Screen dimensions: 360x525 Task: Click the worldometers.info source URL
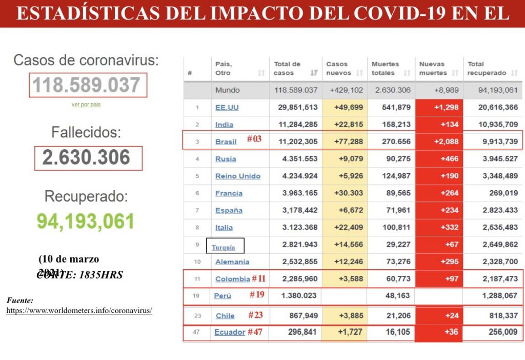point(79,311)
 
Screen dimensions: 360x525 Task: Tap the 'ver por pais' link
point(86,105)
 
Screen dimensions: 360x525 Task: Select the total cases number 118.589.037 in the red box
point(87,85)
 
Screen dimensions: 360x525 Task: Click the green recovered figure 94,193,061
point(86,221)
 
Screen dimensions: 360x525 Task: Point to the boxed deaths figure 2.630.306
point(86,158)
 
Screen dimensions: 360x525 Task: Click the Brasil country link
point(226,142)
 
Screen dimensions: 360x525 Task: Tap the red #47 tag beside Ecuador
point(255,332)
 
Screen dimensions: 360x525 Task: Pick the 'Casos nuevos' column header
point(338,68)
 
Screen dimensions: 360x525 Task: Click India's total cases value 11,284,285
point(296,125)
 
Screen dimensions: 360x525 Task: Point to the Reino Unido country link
point(238,176)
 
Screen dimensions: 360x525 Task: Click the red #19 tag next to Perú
point(257,295)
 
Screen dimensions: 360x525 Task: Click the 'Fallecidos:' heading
point(86,132)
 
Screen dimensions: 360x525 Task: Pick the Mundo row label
point(227,90)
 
